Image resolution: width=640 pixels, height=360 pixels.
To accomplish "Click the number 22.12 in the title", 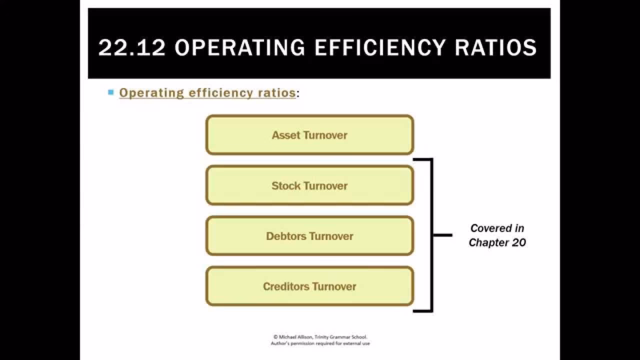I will (x=131, y=47).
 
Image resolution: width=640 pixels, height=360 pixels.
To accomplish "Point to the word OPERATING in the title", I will (x=239, y=47).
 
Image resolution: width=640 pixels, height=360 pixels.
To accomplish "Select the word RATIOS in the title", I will (x=494, y=47).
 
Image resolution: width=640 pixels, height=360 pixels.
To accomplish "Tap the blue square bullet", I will (x=111, y=92).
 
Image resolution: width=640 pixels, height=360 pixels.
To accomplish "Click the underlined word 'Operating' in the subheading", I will (x=151, y=93).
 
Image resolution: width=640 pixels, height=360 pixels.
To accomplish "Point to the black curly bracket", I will (x=431, y=234).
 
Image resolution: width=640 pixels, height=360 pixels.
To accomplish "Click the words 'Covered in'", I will (x=497, y=228).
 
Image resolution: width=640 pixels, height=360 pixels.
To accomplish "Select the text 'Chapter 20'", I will (x=497, y=243).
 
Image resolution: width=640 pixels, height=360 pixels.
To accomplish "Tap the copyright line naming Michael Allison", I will (x=320, y=337).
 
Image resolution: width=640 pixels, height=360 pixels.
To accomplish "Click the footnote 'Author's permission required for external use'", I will (x=320, y=343).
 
